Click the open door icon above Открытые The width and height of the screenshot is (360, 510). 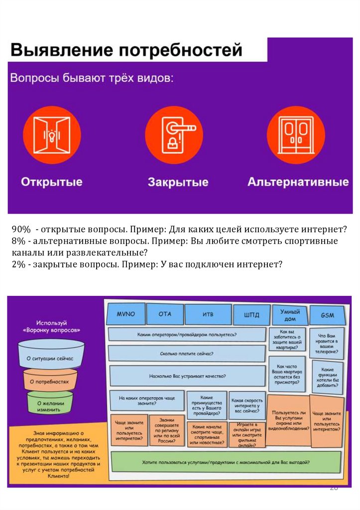tap(51, 134)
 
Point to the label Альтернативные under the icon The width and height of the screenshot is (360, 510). tap(298, 181)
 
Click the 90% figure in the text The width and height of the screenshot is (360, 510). tap(21, 230)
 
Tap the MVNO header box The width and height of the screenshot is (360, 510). tap(125, 314)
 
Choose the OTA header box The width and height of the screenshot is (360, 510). tap(165, 314)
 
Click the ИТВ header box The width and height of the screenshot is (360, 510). tap(208, 314)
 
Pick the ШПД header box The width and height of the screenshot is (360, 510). tap(251, 314)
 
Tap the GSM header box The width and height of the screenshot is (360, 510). tap(327, 315)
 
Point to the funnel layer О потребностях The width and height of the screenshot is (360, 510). tap(49, 382)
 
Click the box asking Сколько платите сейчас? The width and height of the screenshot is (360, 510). tap(186, 354)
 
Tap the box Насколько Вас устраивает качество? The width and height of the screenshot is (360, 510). tap(186, 377)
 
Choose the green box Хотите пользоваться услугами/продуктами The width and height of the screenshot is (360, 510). tap(226, 462)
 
